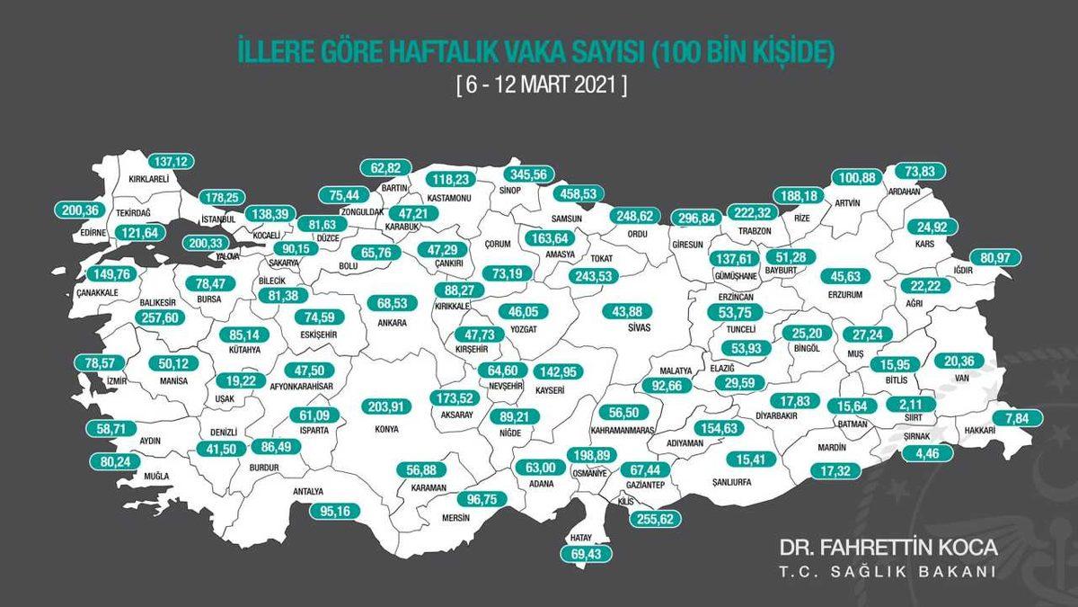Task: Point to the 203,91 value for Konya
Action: click(x=388, y=406)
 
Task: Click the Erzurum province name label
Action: click(x=846, y=294)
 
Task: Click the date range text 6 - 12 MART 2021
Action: click(x=539, y=87)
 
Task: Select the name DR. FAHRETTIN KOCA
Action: click(x=888, y=548)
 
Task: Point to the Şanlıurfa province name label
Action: click(x=729, y=482)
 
